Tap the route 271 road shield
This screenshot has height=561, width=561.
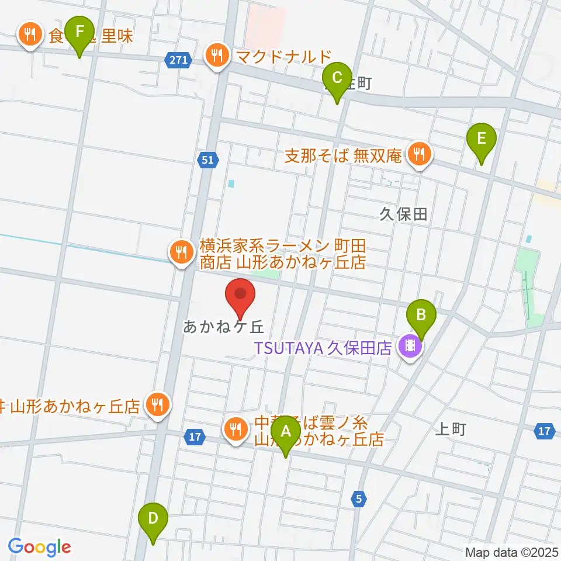click(x=177, y=60)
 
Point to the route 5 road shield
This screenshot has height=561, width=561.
click(x=359, y=498)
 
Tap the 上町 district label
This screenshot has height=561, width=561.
click(x=451, y=430)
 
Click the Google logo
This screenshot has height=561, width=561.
click(x=39, y=547)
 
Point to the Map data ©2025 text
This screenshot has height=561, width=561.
click(x=511, y=552)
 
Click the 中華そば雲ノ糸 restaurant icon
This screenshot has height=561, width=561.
click(x=236, y=430)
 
